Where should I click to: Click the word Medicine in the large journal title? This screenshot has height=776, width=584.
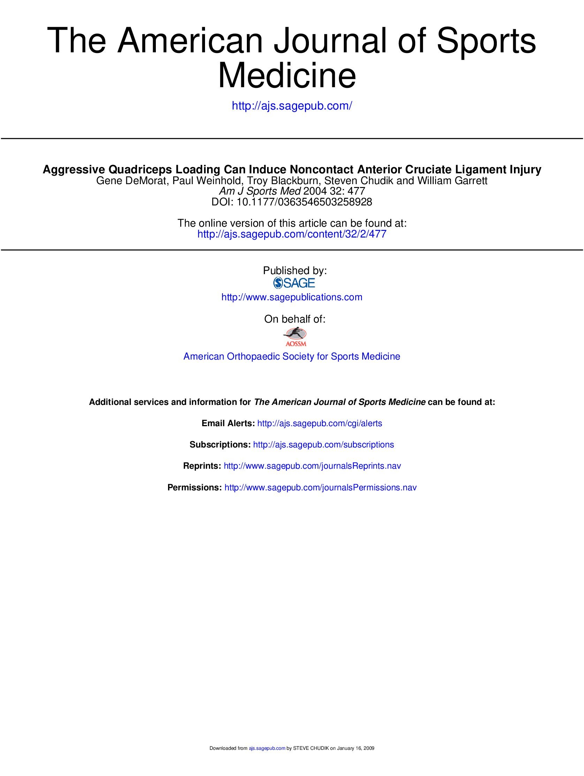[287, 76]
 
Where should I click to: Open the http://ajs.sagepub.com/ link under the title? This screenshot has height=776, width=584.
[291, 106]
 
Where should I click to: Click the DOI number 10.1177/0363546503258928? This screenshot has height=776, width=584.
[304, 202]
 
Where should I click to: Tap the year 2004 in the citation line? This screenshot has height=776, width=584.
[315, 191]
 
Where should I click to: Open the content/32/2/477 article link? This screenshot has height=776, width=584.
[291, 234]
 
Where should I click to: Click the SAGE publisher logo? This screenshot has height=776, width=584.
[294, 283]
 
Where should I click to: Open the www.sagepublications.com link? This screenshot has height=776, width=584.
[291, 297]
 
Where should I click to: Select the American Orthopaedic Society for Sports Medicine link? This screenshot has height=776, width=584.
[291, 356]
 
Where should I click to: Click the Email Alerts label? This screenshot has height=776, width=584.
[228, 423]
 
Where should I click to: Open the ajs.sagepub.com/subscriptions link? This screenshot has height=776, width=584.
[323, 445]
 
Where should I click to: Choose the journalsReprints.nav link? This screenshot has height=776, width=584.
[312, 466]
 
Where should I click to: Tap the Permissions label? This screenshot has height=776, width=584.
[194, 488]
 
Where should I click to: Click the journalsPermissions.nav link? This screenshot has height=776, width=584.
[320, 488]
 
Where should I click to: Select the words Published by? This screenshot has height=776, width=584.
[295, 271]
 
